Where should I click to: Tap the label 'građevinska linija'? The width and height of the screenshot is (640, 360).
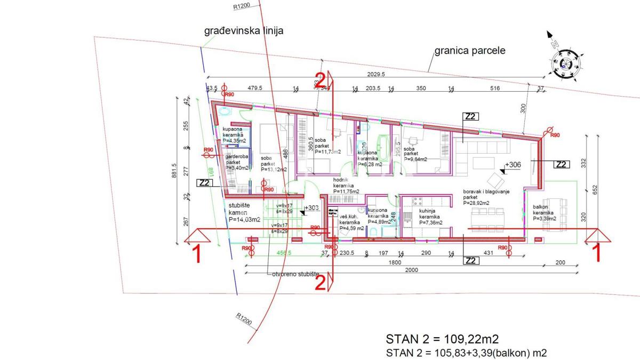(244, 31)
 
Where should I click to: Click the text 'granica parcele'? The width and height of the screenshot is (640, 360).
(469, 51)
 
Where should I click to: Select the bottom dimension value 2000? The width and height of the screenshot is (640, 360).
(411, 270)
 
